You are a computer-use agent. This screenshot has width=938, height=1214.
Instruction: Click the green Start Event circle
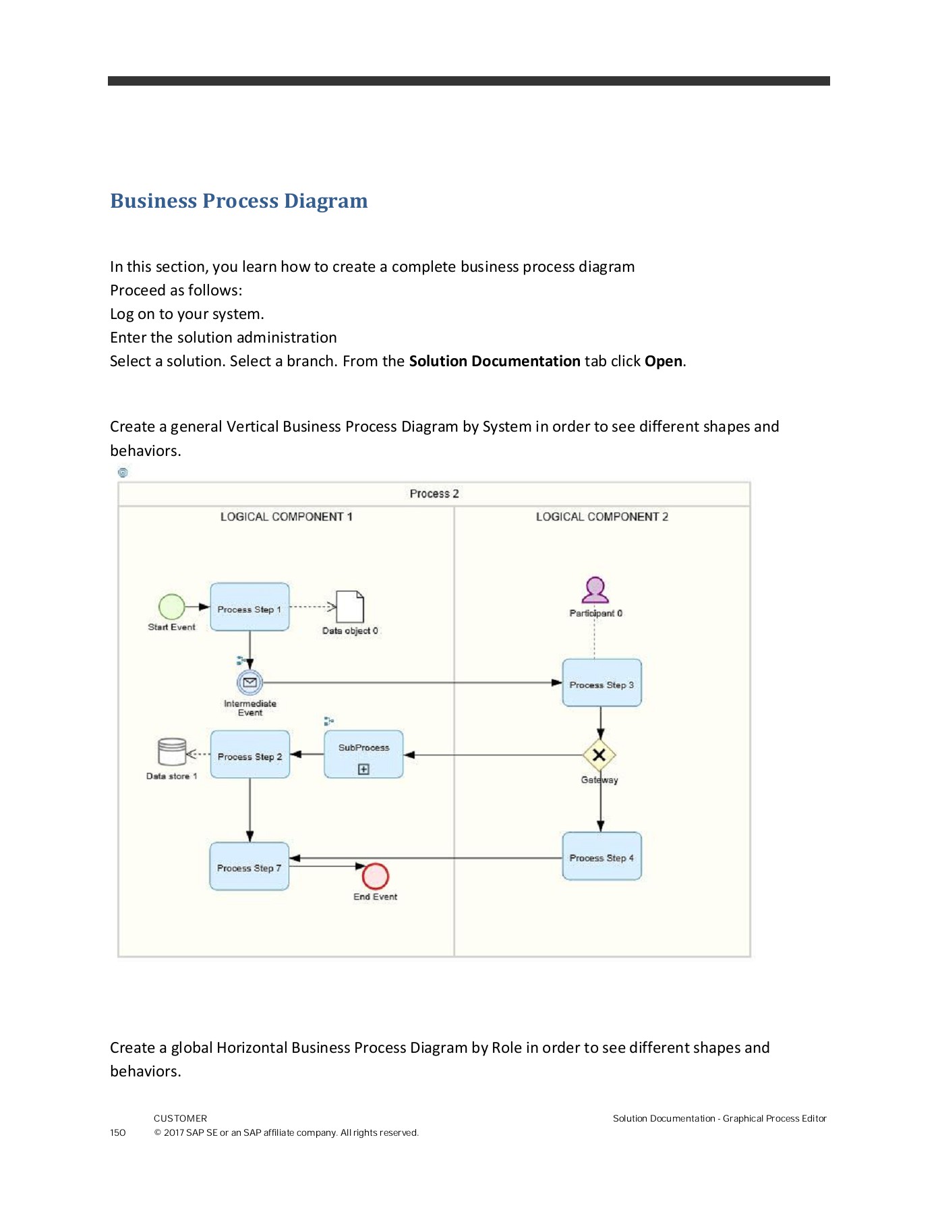[171, 606]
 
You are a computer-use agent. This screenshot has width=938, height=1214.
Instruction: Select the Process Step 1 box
[250, 607]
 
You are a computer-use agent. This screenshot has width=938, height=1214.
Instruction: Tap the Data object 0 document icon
[350, 606]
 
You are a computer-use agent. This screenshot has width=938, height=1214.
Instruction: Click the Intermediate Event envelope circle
[250, 683]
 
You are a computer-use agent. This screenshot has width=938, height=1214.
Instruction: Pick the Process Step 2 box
[250, 755]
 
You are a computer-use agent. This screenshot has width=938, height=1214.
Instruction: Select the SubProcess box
[363, 754]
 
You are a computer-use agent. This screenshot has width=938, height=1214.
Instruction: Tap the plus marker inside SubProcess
[363, 769]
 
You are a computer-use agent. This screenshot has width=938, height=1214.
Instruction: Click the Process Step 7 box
[249, 867]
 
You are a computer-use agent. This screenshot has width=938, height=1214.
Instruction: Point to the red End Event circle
[375, 876]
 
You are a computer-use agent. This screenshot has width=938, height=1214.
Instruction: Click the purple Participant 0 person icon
[595, 590]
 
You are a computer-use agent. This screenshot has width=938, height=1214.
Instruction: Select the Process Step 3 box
[602, 683]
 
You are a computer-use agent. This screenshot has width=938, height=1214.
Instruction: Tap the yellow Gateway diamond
[599, 755]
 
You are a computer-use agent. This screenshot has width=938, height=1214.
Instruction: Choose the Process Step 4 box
[602, 857]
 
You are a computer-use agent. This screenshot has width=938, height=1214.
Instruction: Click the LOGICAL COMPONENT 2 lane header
[602, 517]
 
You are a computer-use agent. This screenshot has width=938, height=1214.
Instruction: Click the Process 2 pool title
[434, 494]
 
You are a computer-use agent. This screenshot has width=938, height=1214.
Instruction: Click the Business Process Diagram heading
[239, 201]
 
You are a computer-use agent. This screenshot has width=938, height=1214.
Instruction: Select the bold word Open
[663, 361]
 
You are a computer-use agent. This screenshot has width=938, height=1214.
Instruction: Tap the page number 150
[118, 1132]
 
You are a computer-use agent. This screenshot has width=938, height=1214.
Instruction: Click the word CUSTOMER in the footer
[180, 1118]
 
